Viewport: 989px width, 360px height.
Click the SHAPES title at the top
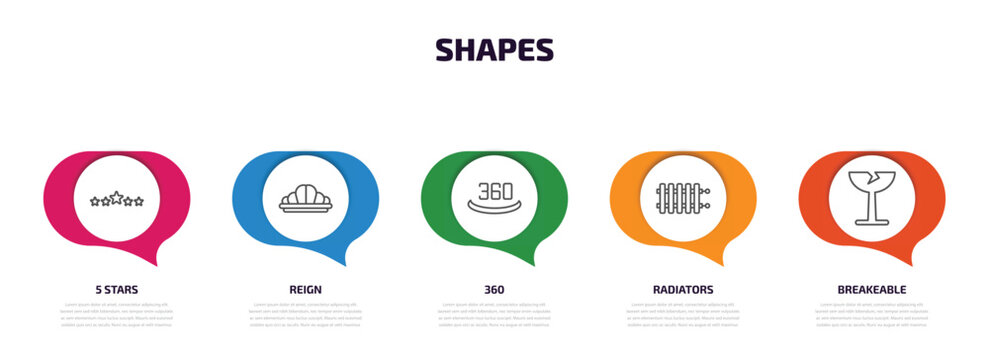click(494, 50)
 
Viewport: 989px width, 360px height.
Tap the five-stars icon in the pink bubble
click(117, 199)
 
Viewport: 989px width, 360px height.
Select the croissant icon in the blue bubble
click(305, 198)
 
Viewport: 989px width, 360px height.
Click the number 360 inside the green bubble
click(495, 190)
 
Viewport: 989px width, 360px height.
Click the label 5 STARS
click(117, 289)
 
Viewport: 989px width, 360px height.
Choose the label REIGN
click(305, 289)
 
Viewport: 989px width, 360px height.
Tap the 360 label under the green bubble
click(494, 289)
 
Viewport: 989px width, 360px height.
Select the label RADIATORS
click(683, 289)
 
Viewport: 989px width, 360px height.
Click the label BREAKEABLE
click(872, 289)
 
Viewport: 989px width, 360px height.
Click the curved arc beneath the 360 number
click(495, 211)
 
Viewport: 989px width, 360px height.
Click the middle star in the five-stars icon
click(117, 198)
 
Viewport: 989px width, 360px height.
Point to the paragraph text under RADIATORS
click(683, 314)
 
